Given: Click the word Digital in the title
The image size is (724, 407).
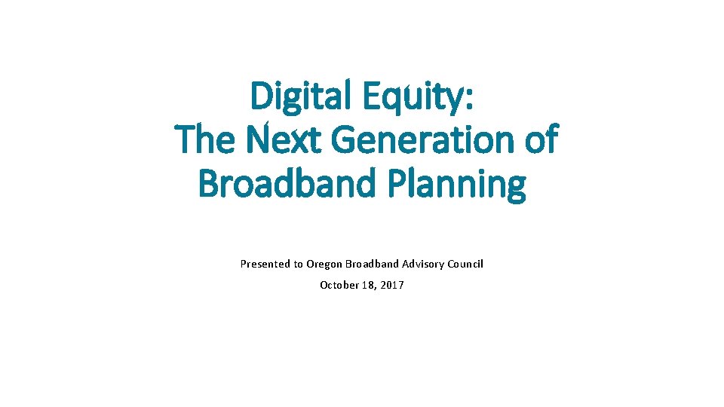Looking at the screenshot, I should click(295, 97).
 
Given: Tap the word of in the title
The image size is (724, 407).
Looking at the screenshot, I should click(538, 140).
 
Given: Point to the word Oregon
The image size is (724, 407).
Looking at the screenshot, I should click(323, 264).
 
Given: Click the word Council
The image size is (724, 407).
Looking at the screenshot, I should click(465, 264).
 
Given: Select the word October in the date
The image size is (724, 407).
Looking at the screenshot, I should click(339, 285).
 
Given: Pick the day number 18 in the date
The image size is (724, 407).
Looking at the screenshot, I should click(367, 285).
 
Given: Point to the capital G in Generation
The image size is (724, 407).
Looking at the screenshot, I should click(344, 140).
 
